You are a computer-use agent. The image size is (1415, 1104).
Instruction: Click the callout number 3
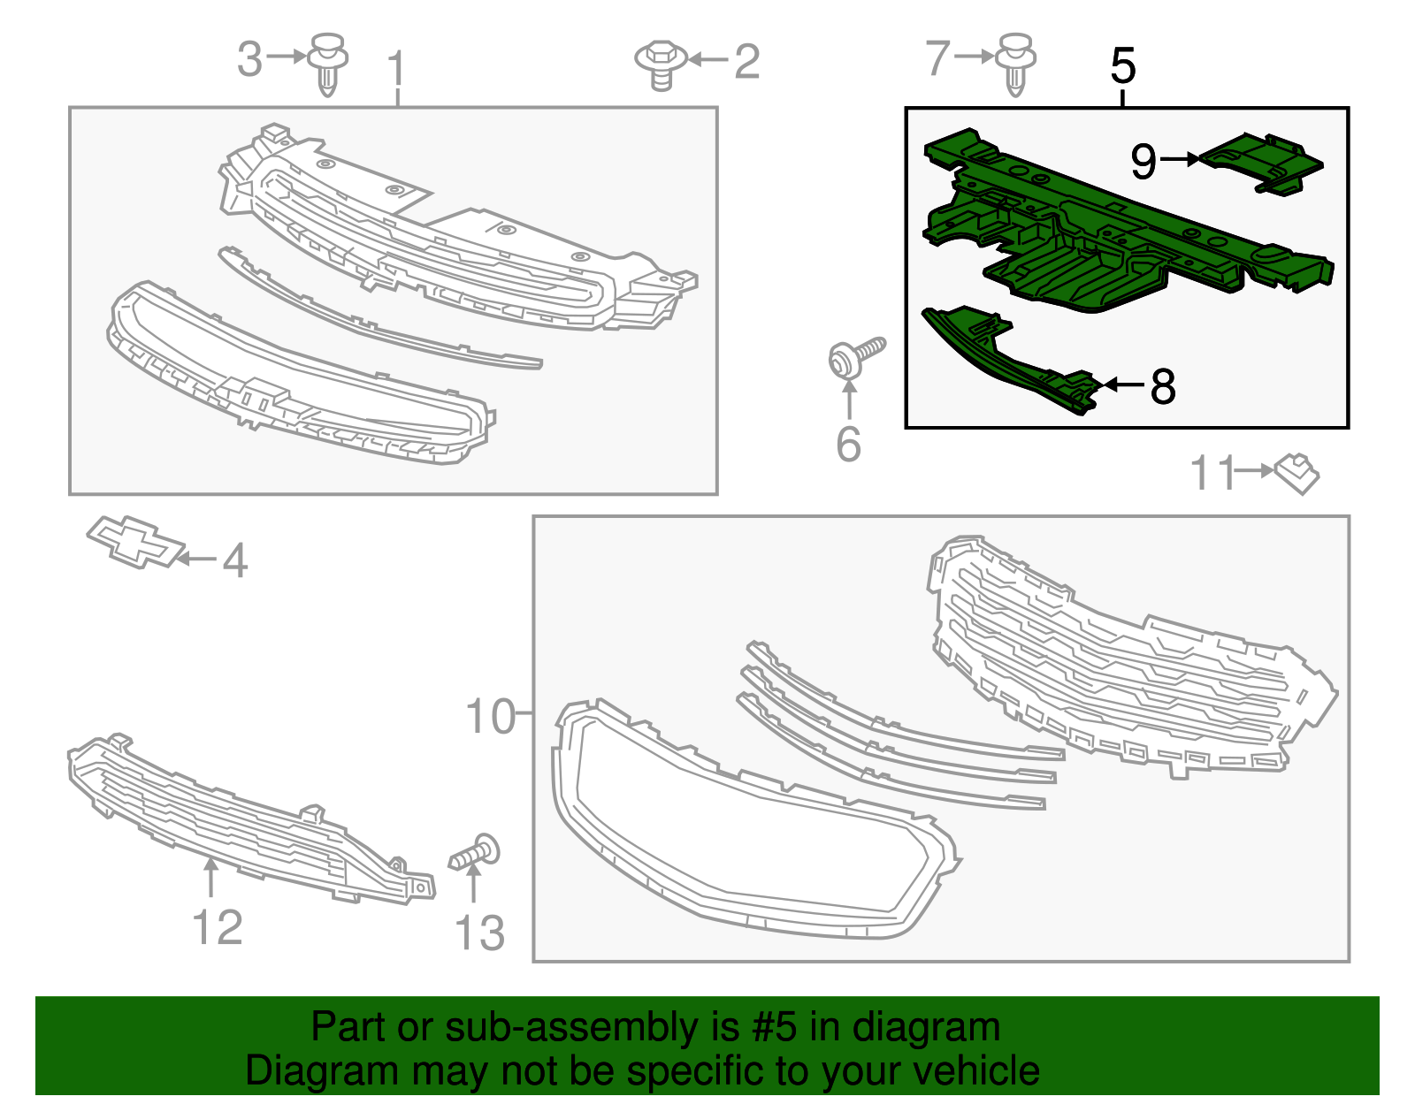point(249,58)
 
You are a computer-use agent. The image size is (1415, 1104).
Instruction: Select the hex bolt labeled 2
point(661,66)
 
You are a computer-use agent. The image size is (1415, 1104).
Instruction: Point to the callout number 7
point(938,58)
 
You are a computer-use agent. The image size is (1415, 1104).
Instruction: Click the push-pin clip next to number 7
point(1016,65)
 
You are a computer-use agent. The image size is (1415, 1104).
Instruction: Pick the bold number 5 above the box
point(1123,65)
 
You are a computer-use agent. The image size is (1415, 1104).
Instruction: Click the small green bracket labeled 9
point(1261,164)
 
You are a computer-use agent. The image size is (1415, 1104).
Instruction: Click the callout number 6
point(848,445)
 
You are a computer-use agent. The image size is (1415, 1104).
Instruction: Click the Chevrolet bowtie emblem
point(136,544)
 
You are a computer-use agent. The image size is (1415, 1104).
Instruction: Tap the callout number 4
point(235,560)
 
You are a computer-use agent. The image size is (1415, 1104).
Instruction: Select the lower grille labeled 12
point(250,820)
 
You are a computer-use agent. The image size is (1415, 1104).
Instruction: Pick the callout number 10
point(490,717)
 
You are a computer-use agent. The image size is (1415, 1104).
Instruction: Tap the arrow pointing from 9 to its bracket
point(1180,159)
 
